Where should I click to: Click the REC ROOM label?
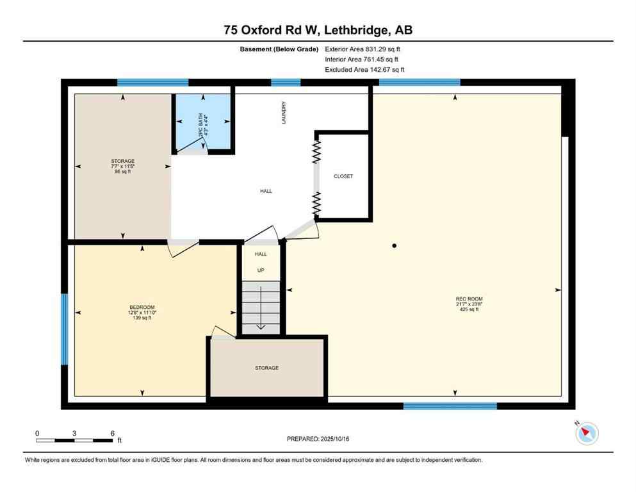pos(469,299)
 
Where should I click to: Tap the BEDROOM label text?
pos(142,307)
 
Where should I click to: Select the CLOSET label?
pos(343,176)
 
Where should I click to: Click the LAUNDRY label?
pos(283,112)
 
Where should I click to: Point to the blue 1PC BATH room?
pos(203,122)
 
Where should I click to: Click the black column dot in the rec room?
pos(395,246)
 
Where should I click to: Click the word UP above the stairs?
pos(261,270)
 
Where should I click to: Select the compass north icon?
pos(586,434)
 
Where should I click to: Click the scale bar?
pos(75,440)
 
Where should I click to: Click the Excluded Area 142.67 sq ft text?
pos(364,69)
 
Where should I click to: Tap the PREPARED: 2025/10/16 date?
pos(318,439)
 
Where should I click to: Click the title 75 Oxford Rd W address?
pos(318,30)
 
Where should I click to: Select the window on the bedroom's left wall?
pos(64,329)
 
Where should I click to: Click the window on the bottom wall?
pos(450,406)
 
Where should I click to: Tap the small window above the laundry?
pos(286,82)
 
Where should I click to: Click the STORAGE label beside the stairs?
pos(266,368)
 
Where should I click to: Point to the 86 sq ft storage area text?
pos(122,172)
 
